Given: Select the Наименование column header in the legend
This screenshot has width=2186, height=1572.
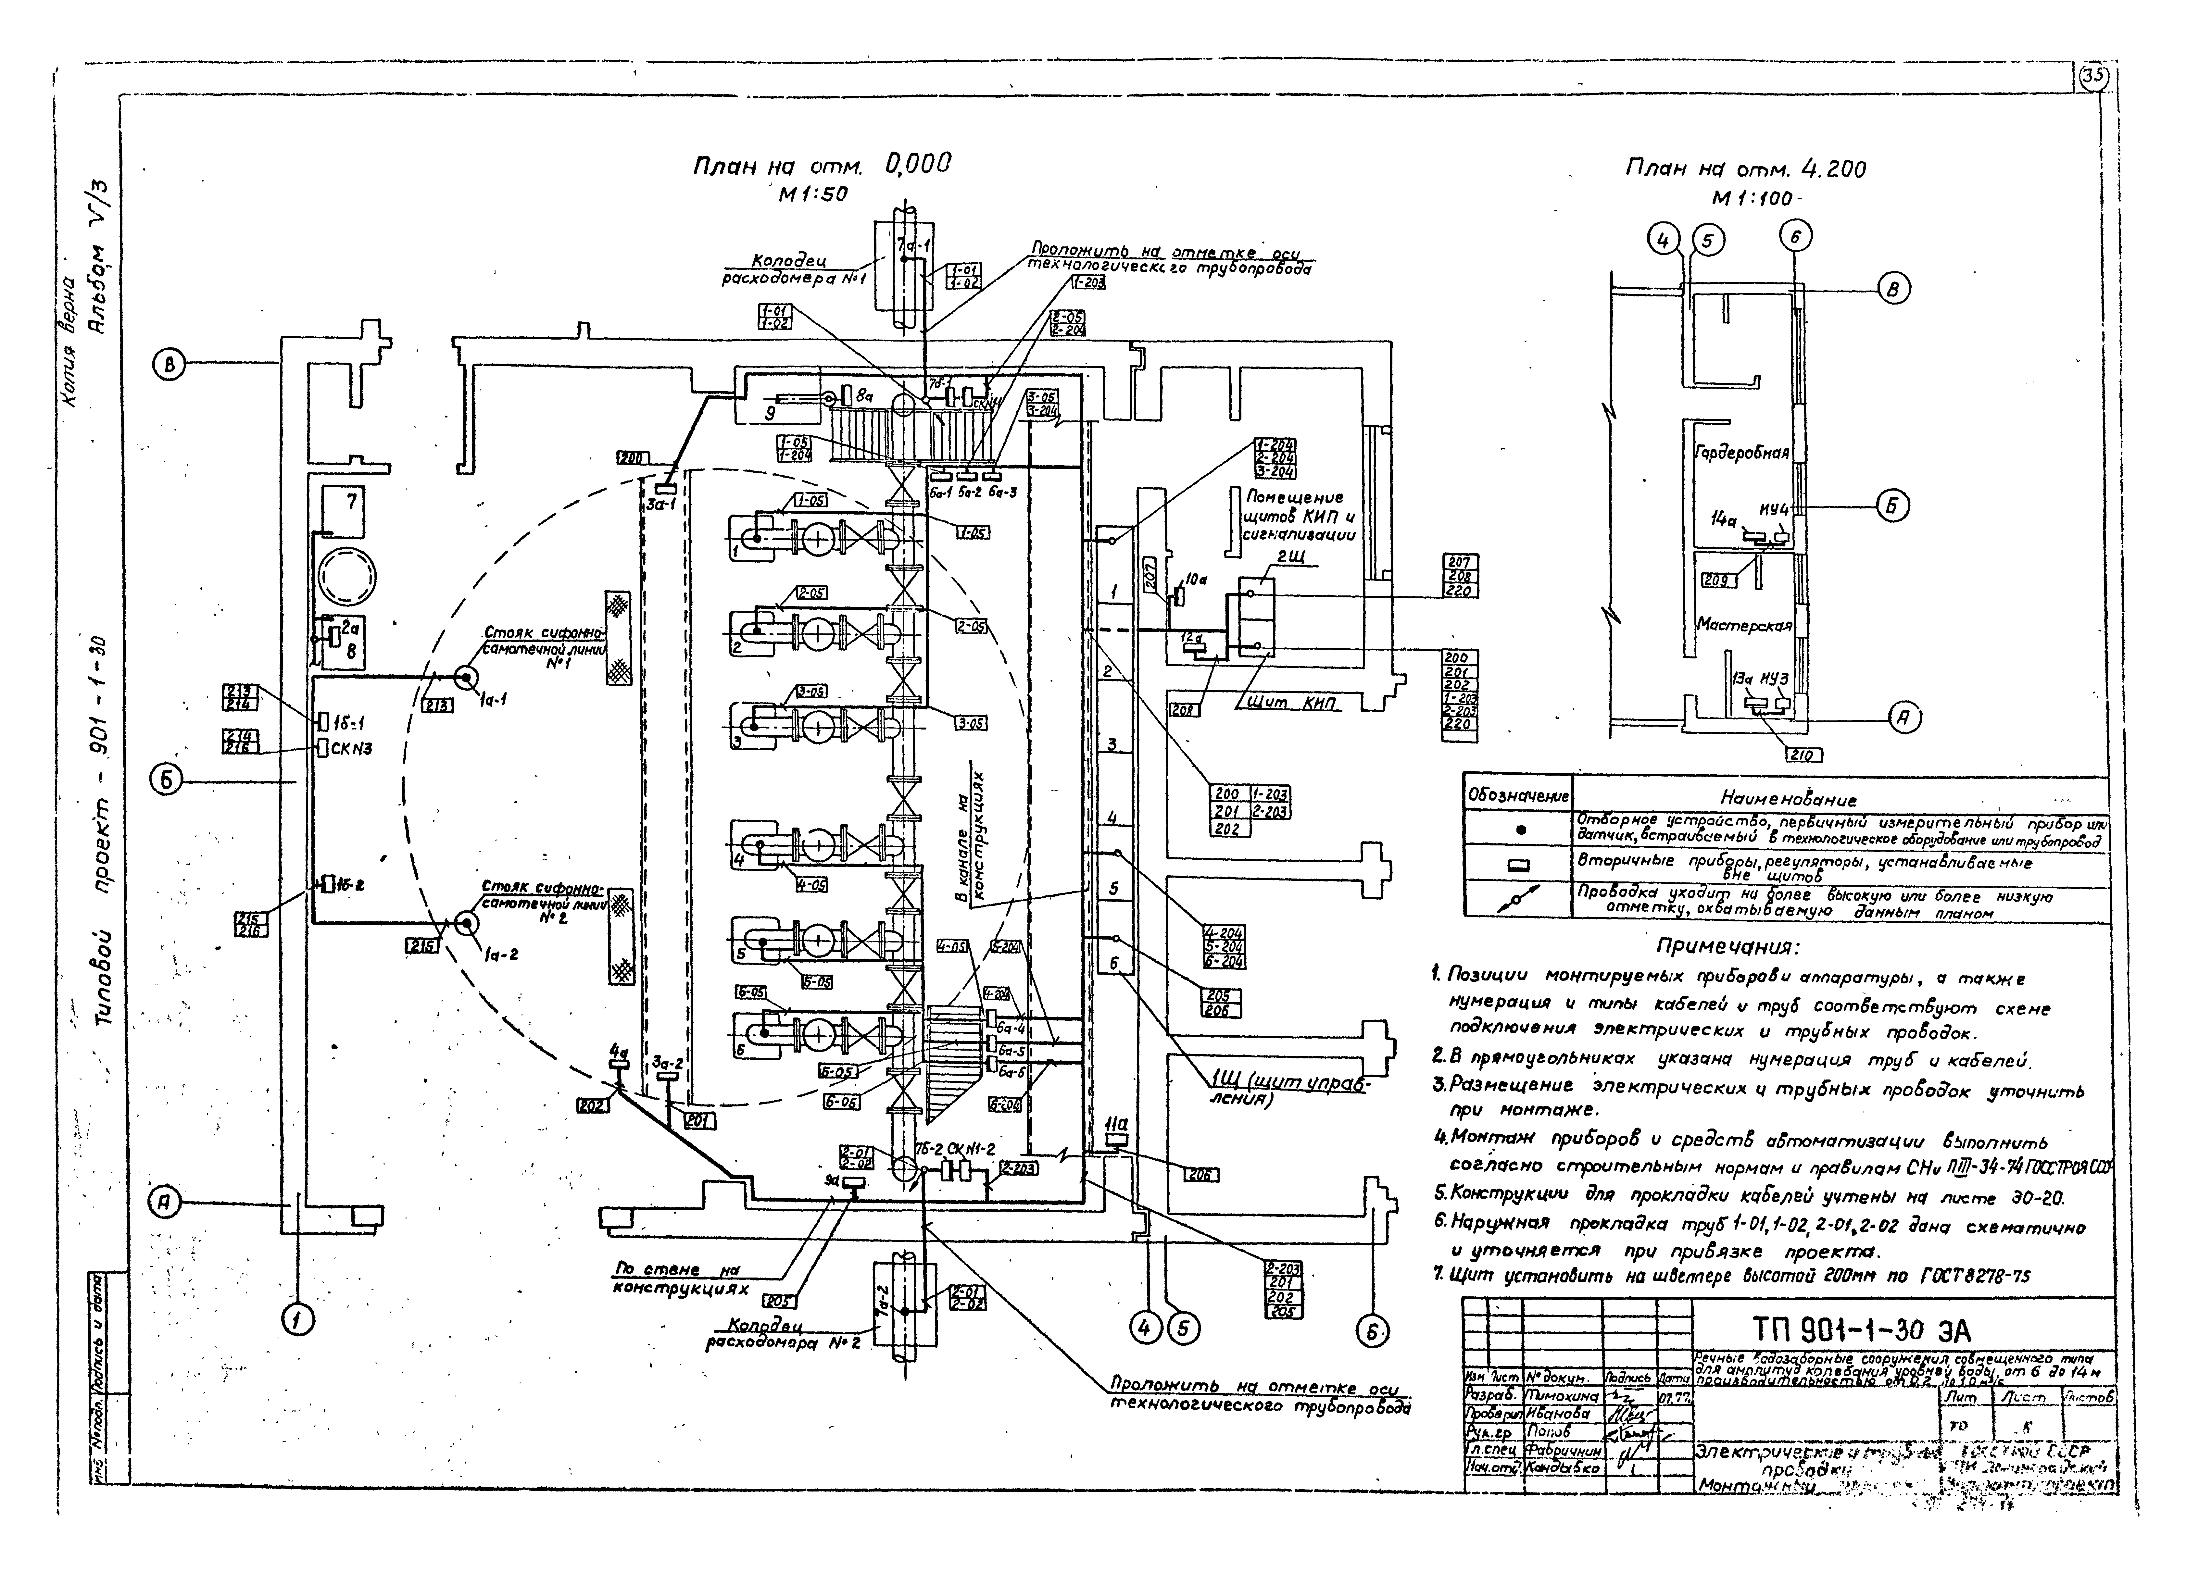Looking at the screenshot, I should point(1788,799).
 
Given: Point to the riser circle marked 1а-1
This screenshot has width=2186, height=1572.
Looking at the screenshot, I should point(466,679).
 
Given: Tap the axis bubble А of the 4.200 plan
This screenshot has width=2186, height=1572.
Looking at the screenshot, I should point(1903,717).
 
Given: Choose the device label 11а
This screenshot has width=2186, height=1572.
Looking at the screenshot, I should point(1118,1124).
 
